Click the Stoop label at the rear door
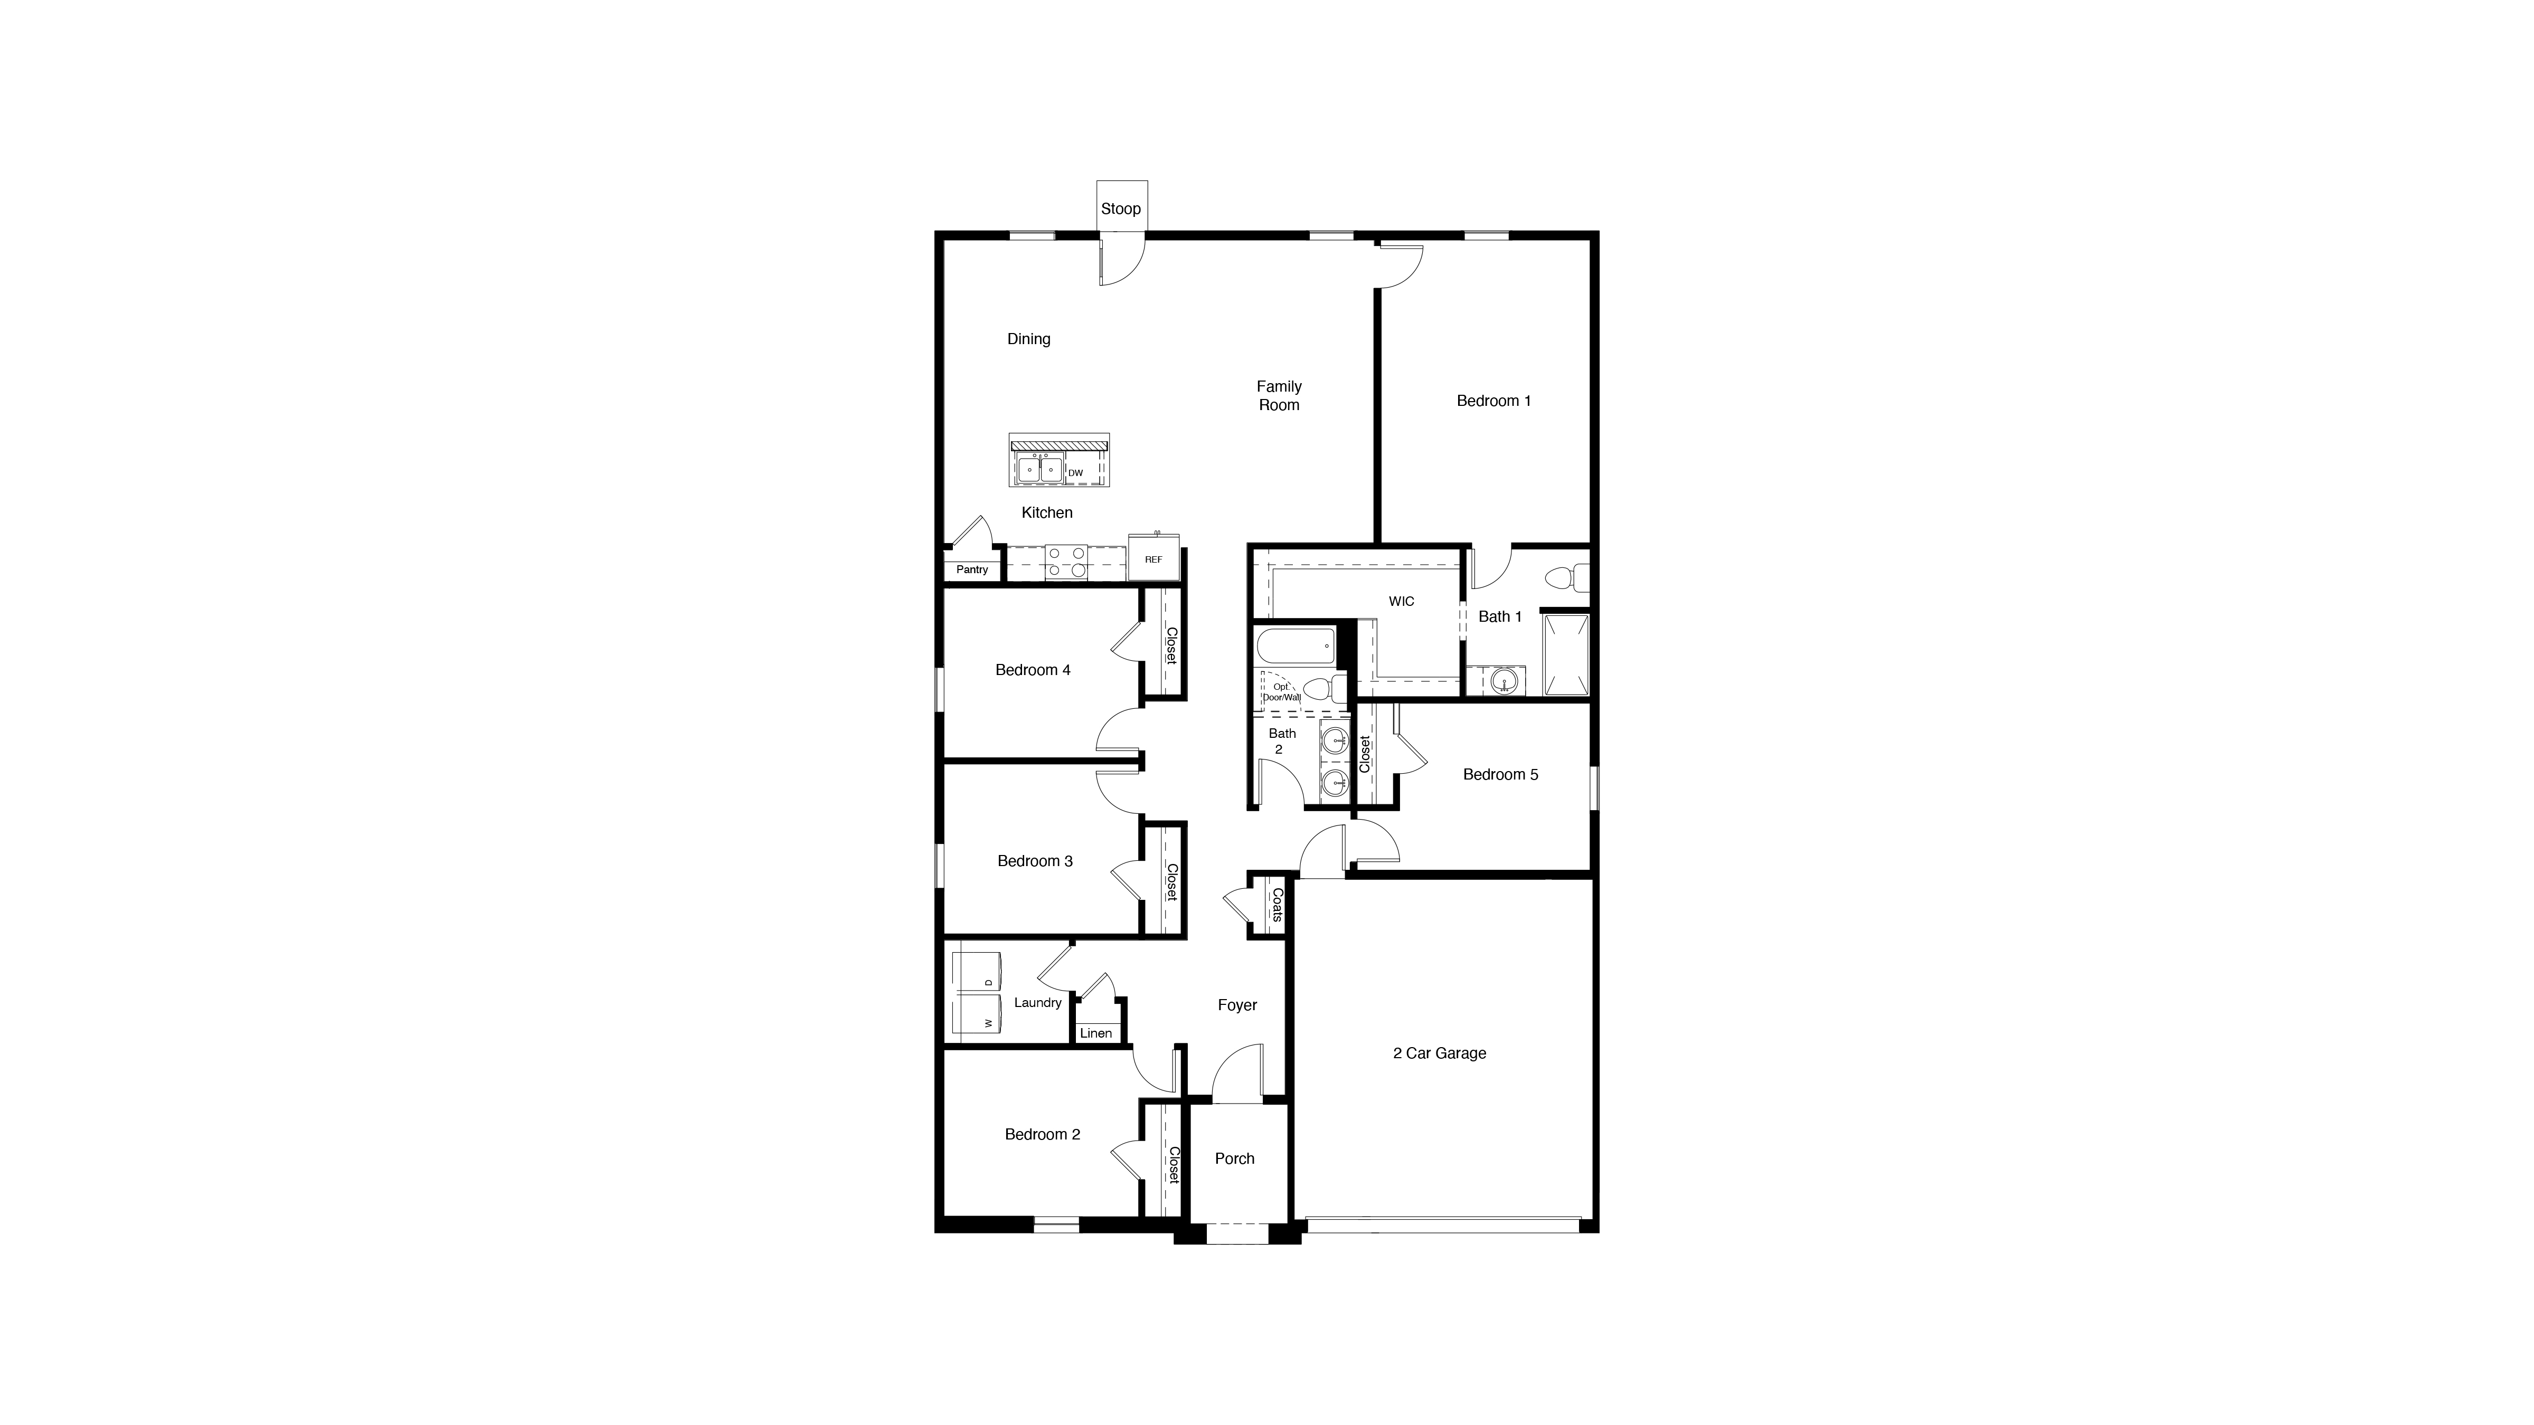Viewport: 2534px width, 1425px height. (1120, 208)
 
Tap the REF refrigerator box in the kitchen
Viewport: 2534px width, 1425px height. (1153, 558)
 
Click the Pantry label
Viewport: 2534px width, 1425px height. (972, 569)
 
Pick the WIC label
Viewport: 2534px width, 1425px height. (1401, 601)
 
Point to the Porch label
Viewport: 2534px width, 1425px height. (1235, 1158)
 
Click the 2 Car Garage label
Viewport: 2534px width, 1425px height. (1439, 1053)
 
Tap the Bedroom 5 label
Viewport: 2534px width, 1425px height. (1500, 775)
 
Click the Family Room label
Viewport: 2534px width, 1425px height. (1279, 395)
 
